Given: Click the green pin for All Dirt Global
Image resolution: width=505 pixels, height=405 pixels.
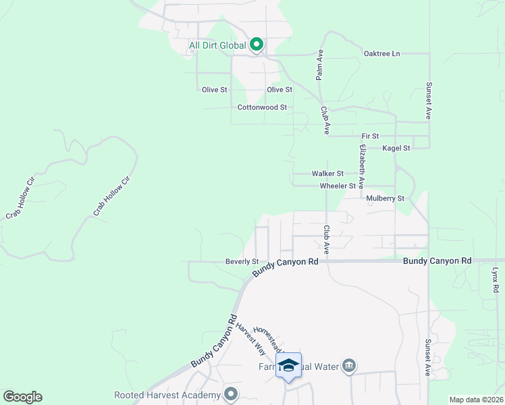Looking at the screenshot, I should (x=257, y=45).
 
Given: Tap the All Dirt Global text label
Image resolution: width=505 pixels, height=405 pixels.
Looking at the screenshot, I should (x=217, y=47).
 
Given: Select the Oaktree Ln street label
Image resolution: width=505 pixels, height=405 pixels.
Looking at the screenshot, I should (x=381, y=53).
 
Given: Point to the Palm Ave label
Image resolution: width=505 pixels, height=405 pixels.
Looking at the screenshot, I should (x=320, y=65).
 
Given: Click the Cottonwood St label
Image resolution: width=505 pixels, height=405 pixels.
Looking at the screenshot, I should (x=263, y=107).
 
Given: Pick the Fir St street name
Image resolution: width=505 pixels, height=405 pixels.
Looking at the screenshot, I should (x=371, y=136).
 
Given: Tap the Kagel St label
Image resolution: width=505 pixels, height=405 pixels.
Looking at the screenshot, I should (x=396, y=148).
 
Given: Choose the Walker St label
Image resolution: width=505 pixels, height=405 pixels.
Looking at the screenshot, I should (x=327, y=173).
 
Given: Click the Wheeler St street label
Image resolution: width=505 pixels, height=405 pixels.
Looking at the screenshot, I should (x=338, y=186).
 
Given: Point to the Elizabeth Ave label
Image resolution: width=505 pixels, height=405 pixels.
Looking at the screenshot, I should (x=362, y=165).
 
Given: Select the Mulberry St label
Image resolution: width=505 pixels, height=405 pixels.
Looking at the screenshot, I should (x=385, y=199).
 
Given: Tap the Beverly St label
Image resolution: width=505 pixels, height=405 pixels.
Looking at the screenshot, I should (x=242, y=262).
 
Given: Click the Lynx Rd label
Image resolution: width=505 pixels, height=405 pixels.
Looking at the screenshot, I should (x=495, y=279).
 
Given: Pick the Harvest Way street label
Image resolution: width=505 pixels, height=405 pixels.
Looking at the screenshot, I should (x=250, y=337).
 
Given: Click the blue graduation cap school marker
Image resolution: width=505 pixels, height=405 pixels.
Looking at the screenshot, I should (x=288, y=365).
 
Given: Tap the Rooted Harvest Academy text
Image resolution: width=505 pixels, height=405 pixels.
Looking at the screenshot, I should (x=167, y=395).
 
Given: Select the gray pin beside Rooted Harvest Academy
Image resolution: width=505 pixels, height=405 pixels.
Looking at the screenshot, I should (x=232, y=393).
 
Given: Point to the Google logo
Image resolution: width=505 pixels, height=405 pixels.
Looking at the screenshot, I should (x=22, y=397).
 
